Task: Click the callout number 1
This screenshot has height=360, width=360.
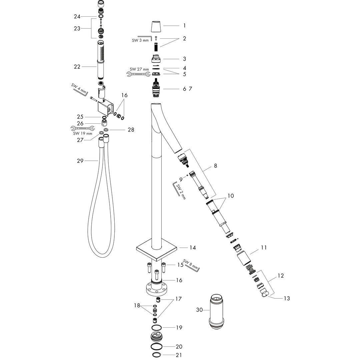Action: pyautogui.click(x=184, y=25)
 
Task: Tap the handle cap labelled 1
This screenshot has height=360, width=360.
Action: pyautogui.click(x=155, y=27)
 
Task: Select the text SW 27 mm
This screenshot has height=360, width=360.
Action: pyautogui.click(x=139, y=69)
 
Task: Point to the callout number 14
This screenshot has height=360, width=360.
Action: pyautogui.click(x=193, y=247)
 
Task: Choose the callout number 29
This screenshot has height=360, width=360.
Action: pyautogui.click(x=80, y=161)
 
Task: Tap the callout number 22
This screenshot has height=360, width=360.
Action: pyautogui.click(x=77, y=67)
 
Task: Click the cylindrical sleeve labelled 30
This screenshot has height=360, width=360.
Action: pyautogui.click(x=216, y=312)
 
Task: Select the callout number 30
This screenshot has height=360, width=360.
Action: pyautogui.click(x=199, y=310)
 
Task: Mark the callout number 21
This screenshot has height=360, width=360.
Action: pyautogui.click(x=179, y=355)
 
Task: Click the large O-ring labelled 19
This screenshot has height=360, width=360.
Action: pyautogui.click(x=157, y=327)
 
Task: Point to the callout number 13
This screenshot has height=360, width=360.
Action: pyautogui.click(x=287, y=298)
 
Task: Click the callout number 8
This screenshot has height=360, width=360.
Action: pyautogui.click(x=215, y=166)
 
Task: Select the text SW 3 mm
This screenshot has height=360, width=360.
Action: pyautogui.click(x=140, y=40)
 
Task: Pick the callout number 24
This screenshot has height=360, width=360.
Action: pyautogui.click(x=77, y=17)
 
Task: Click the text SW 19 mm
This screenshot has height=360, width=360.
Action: pyautogui.click(x=82, y=133)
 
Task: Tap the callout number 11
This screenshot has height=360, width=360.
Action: pyautogui.click(x=264, y=248)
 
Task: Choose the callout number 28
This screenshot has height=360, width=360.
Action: pyautogui.click(x=131, y=130)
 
